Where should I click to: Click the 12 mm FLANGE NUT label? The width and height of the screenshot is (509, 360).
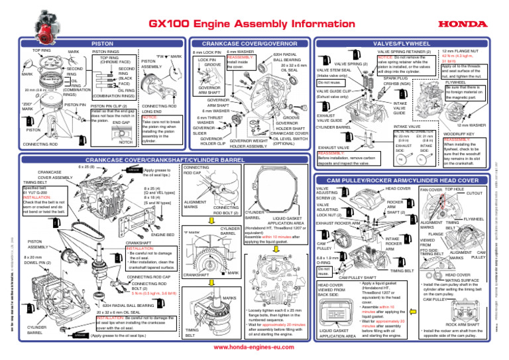(x=463, y=51)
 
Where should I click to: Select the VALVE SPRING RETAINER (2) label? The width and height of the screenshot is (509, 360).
(x=404, y=51)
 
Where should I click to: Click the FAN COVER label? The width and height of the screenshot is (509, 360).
(x=431, y=190)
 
